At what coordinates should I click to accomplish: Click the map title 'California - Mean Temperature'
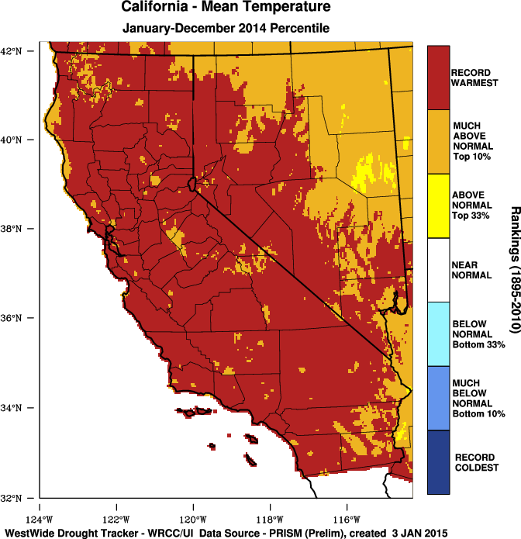[226, 8]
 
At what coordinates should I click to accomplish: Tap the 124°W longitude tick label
[40, 520]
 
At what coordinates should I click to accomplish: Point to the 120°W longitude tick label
[192, 520]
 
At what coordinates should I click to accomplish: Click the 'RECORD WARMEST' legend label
[474, 78]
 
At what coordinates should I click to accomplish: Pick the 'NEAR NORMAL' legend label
[471, 270]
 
